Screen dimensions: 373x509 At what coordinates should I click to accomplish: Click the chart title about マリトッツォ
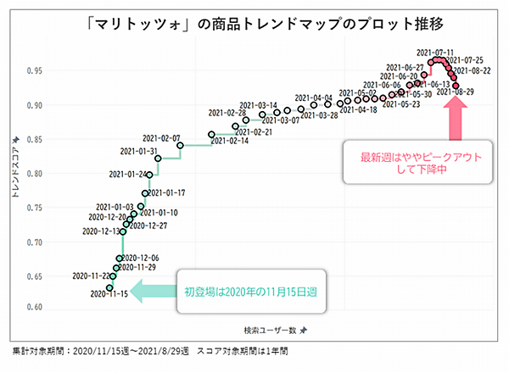(255, 19)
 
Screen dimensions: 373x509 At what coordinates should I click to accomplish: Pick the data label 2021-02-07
(161, 138)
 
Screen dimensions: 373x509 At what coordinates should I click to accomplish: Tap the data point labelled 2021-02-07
(181, 145)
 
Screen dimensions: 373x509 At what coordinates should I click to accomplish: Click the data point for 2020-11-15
(109, 287)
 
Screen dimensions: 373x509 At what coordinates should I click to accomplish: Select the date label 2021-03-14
(258, 105)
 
